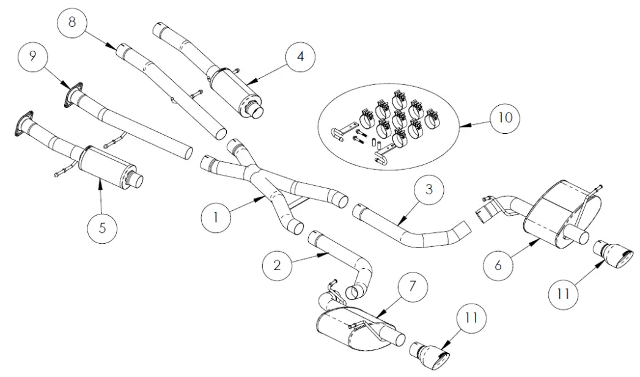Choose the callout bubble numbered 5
[102, 227]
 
